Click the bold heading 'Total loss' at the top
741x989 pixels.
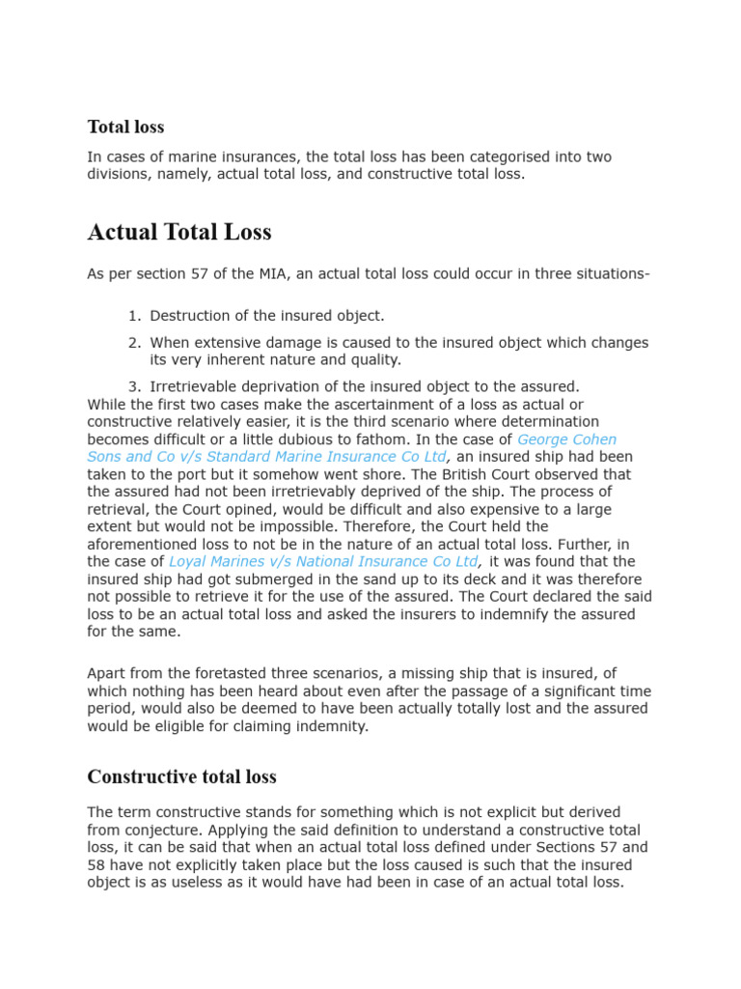click(x=125, y=127)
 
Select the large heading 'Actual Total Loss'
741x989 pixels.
click(x=179, y=232)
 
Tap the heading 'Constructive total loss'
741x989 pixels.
click(x=181, y=777)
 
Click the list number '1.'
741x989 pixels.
click(x=135, y=316)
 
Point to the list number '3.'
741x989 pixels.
click(x=135, y=386)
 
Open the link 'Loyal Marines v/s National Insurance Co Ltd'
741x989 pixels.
click(x=324, y=561)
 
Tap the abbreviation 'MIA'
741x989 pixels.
click(x=248, y=274)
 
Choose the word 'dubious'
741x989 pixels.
click(x=310, y=439)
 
